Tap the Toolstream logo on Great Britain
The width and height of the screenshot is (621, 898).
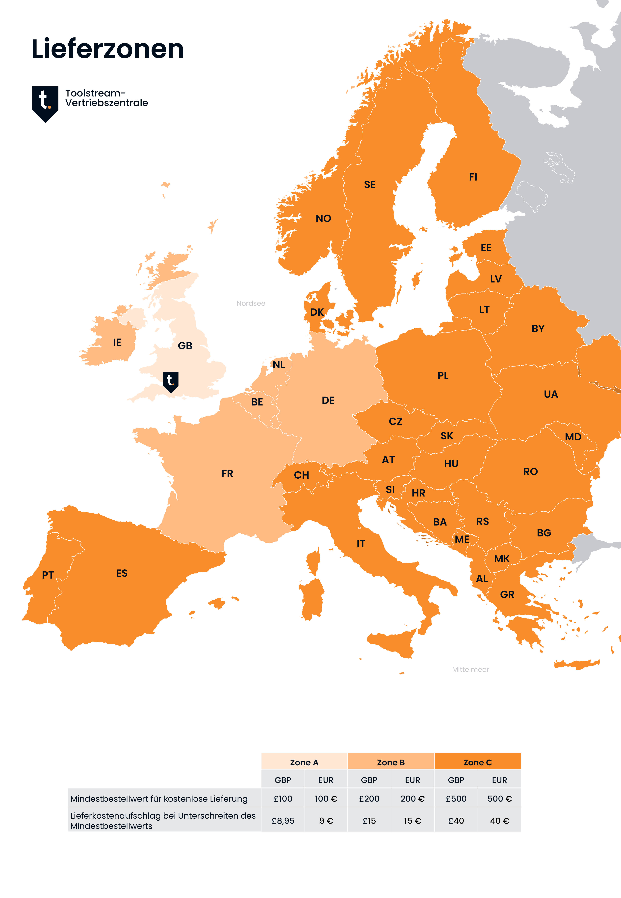[x=170, y=382]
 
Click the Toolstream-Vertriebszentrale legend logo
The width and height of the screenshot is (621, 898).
[x=45, y=104]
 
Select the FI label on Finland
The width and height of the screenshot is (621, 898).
[x=473, y=177]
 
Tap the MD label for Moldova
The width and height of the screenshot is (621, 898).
[x=573, y=437]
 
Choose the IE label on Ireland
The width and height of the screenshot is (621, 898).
[x=117, y=342]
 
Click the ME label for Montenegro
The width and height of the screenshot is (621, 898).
[x=462, y=539]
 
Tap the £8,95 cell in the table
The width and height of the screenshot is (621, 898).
[x=283, y=821]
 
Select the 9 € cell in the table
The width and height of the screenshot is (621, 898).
[x=326, y=821]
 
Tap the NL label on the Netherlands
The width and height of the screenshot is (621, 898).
[x=279, y=365]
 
